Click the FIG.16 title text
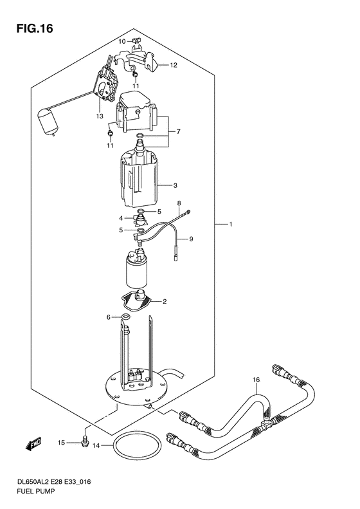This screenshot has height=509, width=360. (35, 28)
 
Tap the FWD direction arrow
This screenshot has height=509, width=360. (33, 444)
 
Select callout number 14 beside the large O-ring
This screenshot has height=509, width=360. (96, 446)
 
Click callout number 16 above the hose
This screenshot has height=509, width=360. (256, 380)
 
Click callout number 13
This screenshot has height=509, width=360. (100, 116)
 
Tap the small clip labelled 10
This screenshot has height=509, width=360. (136, 41)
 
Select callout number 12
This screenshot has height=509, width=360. (174, 65)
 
